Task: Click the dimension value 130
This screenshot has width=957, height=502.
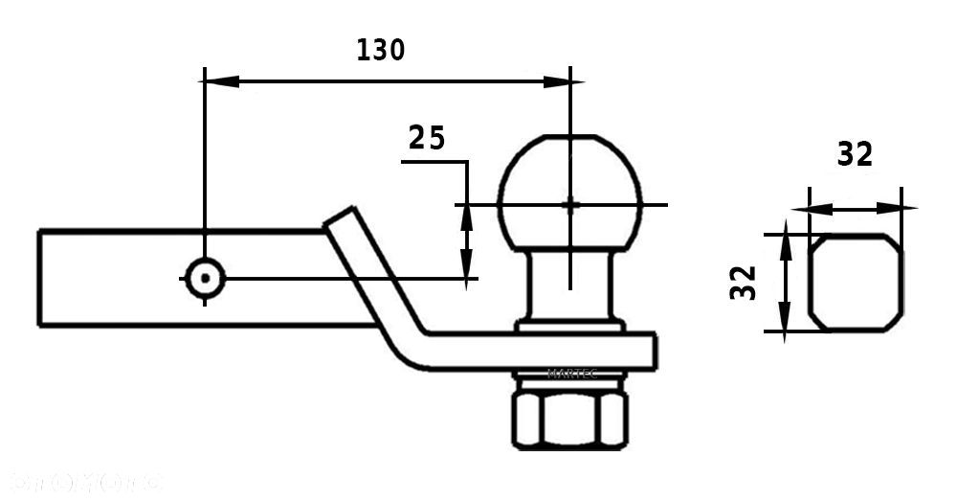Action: point(380,50)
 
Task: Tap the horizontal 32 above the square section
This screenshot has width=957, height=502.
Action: point(855,154)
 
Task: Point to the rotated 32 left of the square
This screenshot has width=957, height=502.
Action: point(744,283)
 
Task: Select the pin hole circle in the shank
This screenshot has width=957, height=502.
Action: point(204,278)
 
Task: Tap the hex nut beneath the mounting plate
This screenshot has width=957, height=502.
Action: point(570,412)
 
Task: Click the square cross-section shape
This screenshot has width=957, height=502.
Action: point(856,284)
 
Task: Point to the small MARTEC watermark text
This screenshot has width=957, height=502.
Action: point(571,374)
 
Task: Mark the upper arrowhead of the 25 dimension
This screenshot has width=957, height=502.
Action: point(467,216)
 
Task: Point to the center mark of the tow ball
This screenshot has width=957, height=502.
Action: point(570,204)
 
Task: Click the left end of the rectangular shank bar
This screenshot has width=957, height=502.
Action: point(41,278)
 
